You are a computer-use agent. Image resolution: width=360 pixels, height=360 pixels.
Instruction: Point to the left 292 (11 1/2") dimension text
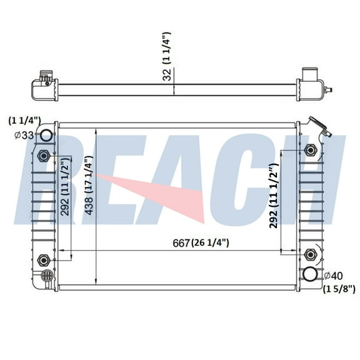(65, 187)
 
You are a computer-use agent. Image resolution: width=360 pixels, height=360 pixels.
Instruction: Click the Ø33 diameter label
(23, 134)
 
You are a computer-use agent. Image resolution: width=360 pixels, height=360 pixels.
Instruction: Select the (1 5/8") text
(339, 288)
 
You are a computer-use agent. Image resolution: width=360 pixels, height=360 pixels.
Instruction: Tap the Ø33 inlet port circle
(47, 136)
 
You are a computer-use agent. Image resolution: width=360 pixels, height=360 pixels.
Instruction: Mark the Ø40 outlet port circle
(310, 275)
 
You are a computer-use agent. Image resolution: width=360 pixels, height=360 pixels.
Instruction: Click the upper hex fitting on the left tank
(42, 156)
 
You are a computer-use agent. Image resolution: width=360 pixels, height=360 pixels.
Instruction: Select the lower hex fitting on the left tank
(42, 259)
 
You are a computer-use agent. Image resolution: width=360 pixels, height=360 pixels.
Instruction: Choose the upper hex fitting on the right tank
(311, 150)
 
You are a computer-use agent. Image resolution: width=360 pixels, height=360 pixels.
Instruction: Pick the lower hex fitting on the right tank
(311, 254)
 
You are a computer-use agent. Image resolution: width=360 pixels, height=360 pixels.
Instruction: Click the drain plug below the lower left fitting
(45, 276)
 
